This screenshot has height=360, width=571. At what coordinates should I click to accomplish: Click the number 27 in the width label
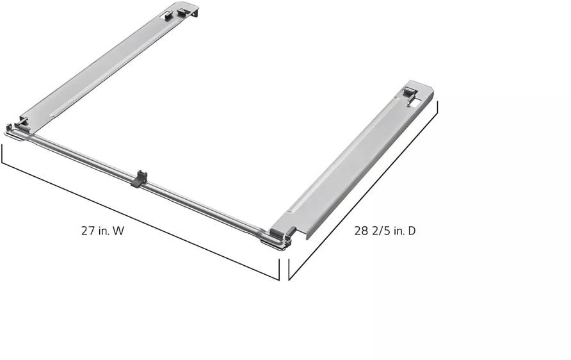pyautogui.click(x=88, y=231)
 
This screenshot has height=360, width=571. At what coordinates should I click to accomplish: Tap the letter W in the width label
pyautogui.click(x=118, y=231)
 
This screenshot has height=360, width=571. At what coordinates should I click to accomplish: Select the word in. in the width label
pyautogui.click(x=103, y=231)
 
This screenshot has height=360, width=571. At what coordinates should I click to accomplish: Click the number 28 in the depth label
pyautogui.click(x=361, y=231)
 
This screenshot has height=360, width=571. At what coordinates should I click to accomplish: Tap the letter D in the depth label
pyautogui.click(x=412, y=231)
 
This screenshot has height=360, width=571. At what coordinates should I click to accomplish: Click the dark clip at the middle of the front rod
pyautogui.click(x=139, y=179)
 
